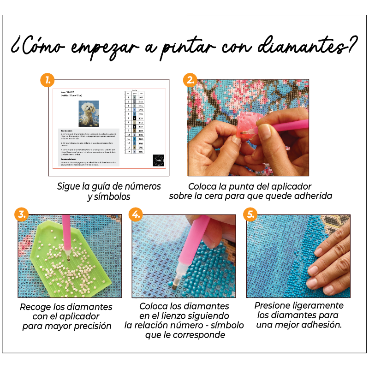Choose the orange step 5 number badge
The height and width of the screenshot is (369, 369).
[x=250, y=215]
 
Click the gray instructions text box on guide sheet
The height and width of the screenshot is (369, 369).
[x=89, y=147]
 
